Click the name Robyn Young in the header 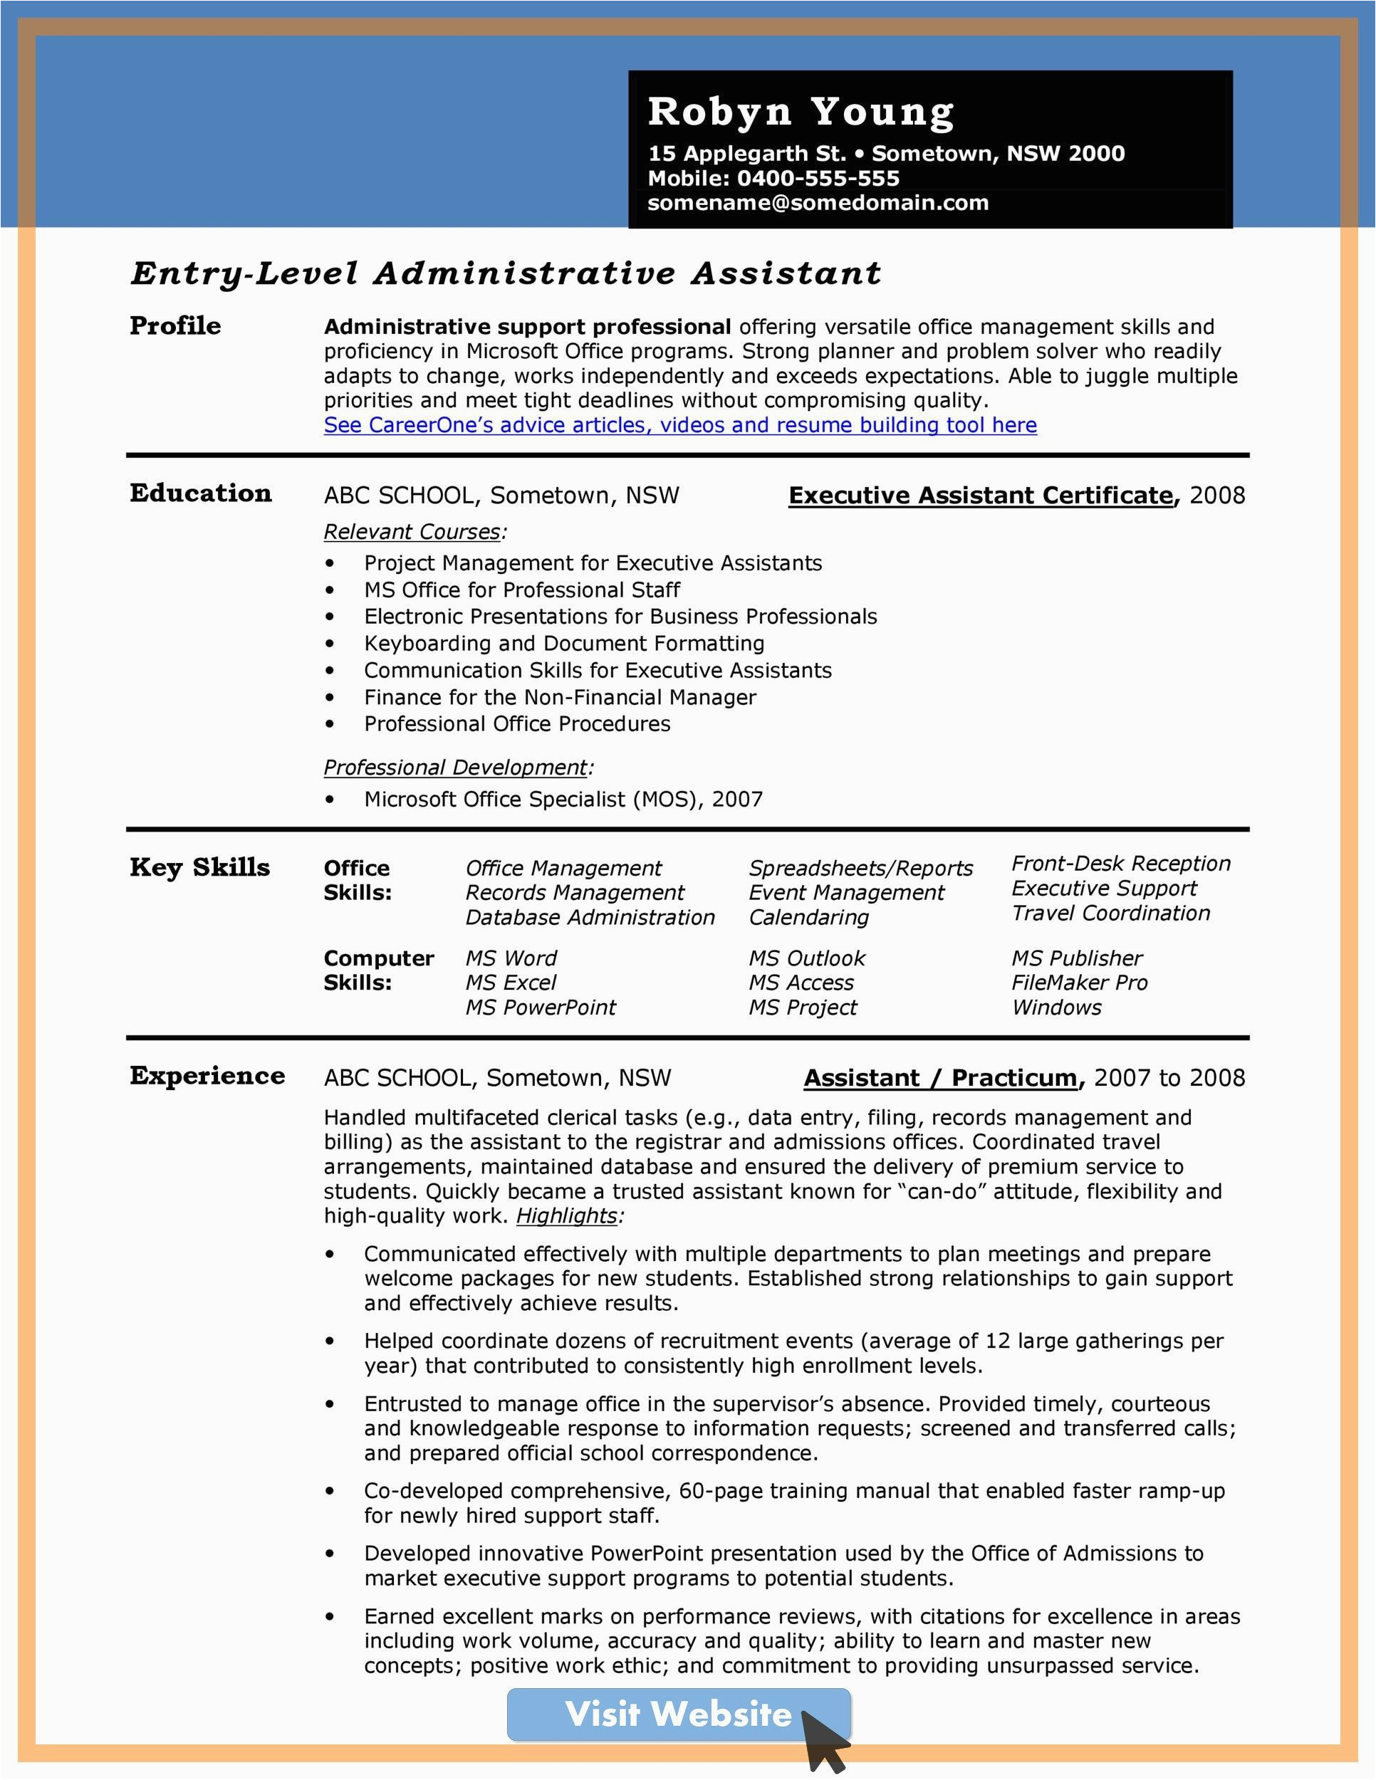tap(801, 112)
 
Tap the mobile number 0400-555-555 tap(818, 179)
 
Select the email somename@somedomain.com tap(818, 203)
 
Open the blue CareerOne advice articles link tap(680, 426)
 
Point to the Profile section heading tap(175, 326)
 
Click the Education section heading tap(201, 493)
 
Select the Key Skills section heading tap(199, 867)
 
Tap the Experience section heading tap(207, 1076)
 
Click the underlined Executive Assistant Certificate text tap(981, 496)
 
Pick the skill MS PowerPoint tap(541, 1008)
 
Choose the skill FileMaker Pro tap(1079, 983)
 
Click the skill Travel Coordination tap(1110, 913)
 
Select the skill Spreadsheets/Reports tap(861, 869)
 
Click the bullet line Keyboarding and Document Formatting tap(564, 644)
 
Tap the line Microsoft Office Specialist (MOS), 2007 tap(563, 800)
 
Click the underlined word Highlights tap(566, 1216)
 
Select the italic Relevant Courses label tap(412, 532)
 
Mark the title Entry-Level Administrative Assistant tap(506, 274)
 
